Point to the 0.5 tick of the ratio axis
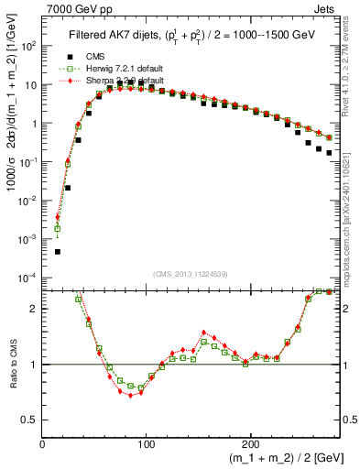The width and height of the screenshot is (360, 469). [x=30, y=420]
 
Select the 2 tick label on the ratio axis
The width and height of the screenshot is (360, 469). [x=34, y=309]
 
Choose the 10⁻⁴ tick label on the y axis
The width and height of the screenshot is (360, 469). [x=28, y=278]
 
